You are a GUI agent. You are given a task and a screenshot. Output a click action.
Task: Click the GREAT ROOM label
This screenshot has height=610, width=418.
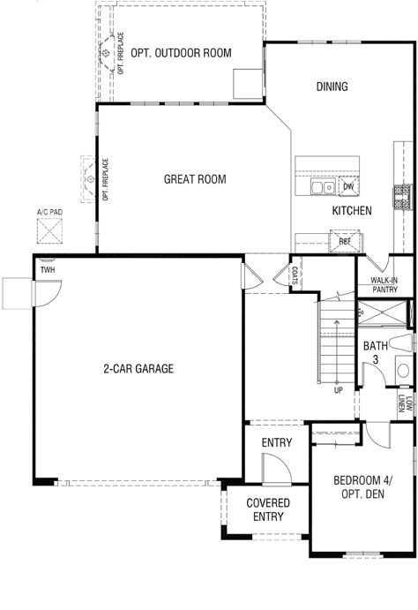pos(195,179)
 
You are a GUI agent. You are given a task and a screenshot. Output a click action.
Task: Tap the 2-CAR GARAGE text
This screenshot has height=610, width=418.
pos(138,368)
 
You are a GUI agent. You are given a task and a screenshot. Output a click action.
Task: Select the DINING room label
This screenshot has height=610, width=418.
pos(332,87)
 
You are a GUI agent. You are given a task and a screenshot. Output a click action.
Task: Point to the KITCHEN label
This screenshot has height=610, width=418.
pos(352,210)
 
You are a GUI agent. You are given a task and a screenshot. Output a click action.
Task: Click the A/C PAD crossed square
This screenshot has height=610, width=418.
pos(49,231)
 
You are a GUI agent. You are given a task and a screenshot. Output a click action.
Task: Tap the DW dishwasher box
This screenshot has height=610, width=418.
pos(348,186)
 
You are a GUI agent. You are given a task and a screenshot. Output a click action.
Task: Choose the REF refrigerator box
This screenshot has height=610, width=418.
pos(345,241)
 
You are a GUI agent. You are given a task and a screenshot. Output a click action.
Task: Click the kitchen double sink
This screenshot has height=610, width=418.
pos(323,187)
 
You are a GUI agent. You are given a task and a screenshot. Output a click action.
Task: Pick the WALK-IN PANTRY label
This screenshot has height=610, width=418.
pos(384,285)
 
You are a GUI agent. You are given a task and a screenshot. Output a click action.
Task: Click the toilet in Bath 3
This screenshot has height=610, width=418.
pos(400,343)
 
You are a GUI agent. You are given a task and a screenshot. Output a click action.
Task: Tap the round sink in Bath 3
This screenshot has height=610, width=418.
pos(403,371)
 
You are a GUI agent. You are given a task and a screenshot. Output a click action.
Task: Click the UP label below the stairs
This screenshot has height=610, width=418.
pos(339,390)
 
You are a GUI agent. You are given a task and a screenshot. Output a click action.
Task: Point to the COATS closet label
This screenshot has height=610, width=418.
pos(295,275)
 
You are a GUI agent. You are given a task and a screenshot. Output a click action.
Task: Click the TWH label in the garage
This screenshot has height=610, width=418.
pos(48,270)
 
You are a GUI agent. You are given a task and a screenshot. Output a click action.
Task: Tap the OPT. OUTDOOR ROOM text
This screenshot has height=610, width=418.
pos(181,53)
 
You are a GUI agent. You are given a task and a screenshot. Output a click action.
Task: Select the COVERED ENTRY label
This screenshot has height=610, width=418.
pos(268,509)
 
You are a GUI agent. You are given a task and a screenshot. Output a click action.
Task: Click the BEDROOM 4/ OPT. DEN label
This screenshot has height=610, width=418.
pos(362,487)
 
